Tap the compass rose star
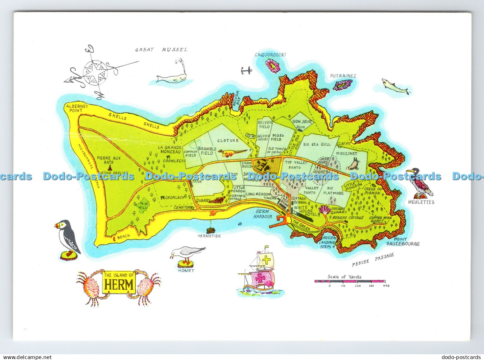[x=95, y=73]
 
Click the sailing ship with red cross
[x=260, y=274]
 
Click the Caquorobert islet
[x=273, y=66]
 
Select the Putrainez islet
[x=343, y=85]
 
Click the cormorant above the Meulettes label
[x=420, y=183]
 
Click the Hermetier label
[x=209, y=236]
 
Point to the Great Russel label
[x=161, y=50]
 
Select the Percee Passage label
[x=373, y=260]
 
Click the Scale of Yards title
[x=344, y=277]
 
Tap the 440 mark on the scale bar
[x=386, y=286]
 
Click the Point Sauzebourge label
[x=403, y=242]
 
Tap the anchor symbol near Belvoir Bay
[x=246, y=70]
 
